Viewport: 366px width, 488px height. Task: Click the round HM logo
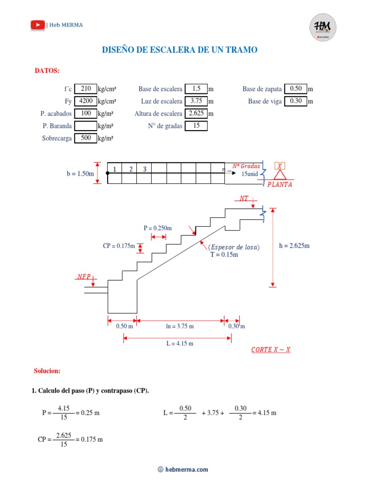[x=323, y=27]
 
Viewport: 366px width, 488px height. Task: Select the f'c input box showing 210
[x=86, y=89]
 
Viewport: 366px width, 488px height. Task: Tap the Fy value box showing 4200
[x=86, y=101]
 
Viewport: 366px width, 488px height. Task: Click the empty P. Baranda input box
[x=86, y=126]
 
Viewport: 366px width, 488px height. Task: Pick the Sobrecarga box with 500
[x=86, y=138]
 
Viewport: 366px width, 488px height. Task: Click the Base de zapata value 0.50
[x=295, y=89]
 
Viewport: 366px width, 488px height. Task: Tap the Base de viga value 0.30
[x=295, y=101]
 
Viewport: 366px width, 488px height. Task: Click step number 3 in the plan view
[x=144, y=169]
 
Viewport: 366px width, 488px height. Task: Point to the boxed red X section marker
[x=280, y=166]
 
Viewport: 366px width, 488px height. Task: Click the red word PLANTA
[x=280, y=184]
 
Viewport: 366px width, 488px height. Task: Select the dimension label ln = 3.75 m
[x=180, y=326]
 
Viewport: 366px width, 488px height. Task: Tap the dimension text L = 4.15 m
[x=180, y=343]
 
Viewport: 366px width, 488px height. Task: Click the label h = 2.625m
[x=294, y=246]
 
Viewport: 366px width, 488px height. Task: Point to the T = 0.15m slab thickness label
[x=224, y=254]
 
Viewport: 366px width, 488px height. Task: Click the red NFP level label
[x=83, y=276]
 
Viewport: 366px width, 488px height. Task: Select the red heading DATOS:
[x=47, y=71]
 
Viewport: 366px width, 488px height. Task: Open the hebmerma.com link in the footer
[x=186, y=469]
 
